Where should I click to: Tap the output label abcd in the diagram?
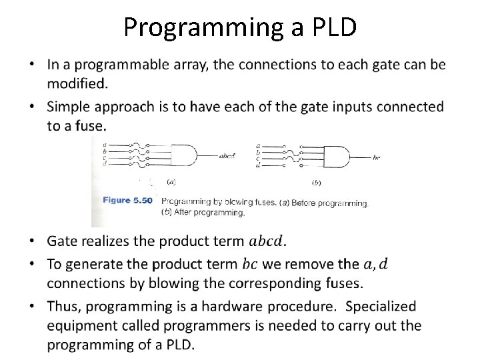(x=227, y=157)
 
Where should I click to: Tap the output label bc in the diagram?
(x=377, y=157)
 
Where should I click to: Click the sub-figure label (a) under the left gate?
(x=171, y=181)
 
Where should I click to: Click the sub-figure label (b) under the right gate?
(x=316, y=181)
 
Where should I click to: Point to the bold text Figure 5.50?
(x=127, y=201)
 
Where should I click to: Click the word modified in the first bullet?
(x=77, y=83)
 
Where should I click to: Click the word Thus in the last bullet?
(x=64, y=307)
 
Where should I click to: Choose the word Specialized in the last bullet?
(x=381, y=307)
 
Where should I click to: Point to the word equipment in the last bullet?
(x=82, y=326)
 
